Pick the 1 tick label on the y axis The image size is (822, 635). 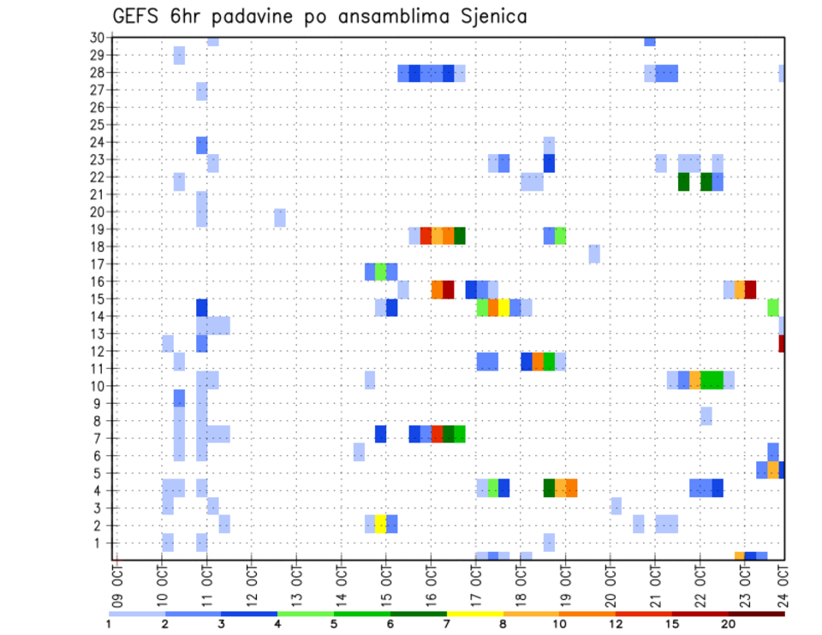point(100,543)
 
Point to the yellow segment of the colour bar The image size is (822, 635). point(474,614)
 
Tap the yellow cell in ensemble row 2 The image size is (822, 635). point(380,524)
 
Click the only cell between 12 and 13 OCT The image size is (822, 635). point(280,217)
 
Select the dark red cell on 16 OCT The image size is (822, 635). point(448,289)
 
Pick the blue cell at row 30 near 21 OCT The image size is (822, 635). point(650,41)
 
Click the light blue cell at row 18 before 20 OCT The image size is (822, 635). point(594,253)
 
